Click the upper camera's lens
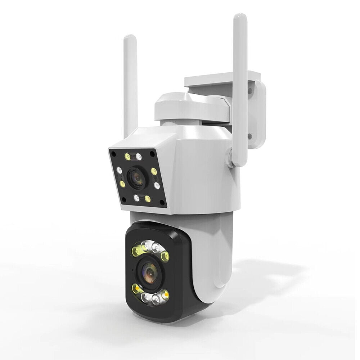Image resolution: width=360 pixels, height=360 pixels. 136,177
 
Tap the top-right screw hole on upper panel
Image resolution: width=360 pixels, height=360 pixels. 153,154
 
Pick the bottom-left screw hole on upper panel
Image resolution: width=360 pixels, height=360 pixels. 124,199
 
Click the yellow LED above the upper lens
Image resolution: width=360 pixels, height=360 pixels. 127,156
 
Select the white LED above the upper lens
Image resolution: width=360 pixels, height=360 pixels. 138,157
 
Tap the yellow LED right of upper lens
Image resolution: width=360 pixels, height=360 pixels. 154,171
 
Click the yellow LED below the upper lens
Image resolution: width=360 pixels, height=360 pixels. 147,198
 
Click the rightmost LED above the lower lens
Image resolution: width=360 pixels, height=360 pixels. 165,256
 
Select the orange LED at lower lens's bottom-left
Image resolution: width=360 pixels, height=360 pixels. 136,289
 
